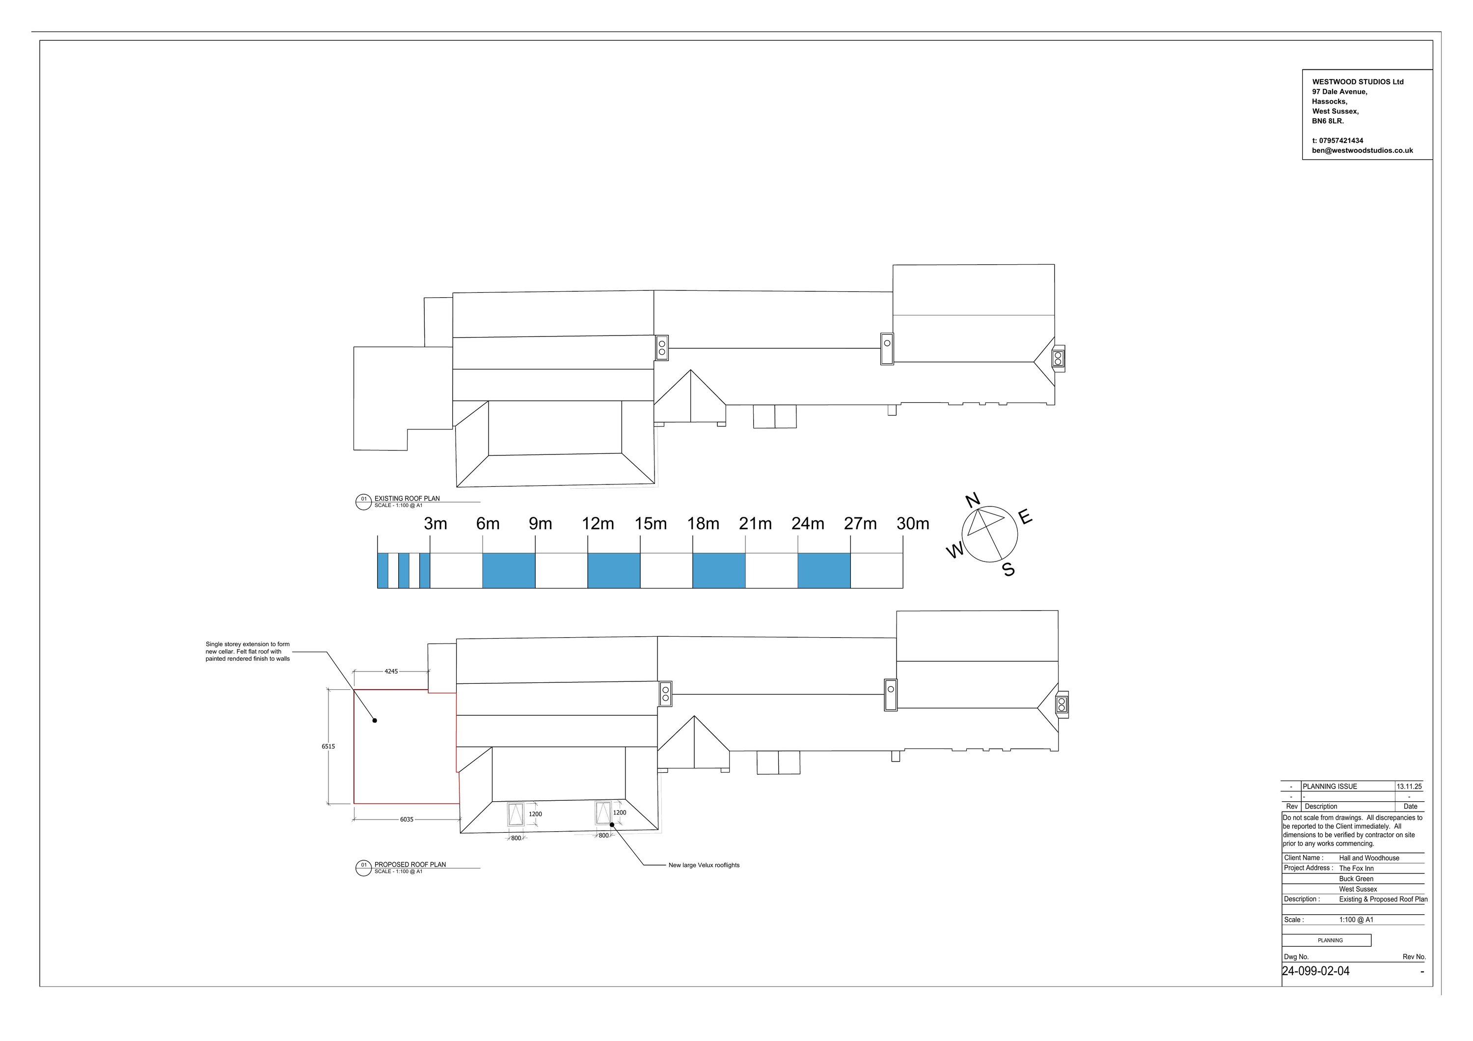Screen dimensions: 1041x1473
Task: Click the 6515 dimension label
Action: (328, 746)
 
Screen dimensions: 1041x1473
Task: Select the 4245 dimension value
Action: (391, 672)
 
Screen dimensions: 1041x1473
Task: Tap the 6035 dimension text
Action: (407, 819)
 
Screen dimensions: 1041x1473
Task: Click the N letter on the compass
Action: (973, 500)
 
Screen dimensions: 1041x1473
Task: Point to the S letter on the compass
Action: (1009, 569)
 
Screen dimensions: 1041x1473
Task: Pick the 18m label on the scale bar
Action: (703, 524)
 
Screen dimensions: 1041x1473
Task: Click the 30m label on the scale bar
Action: (912, 524)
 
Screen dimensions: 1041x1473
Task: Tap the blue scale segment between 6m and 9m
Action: (509, 570)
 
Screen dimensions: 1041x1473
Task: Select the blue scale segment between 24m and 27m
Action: (824, 570)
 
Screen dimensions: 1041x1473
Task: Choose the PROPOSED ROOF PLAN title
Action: (410, 865)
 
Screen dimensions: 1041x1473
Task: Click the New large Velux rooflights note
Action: (704, 865)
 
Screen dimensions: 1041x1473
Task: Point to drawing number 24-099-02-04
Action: (1315, 971)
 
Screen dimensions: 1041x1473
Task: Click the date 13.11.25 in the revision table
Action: (1409, 786)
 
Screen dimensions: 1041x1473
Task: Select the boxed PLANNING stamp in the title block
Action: (1330, 940)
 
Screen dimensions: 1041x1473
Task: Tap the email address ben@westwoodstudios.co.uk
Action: (1362, 151)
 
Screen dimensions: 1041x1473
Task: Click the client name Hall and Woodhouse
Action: (1369, 858)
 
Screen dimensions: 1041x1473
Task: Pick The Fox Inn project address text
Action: (1356, 869)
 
